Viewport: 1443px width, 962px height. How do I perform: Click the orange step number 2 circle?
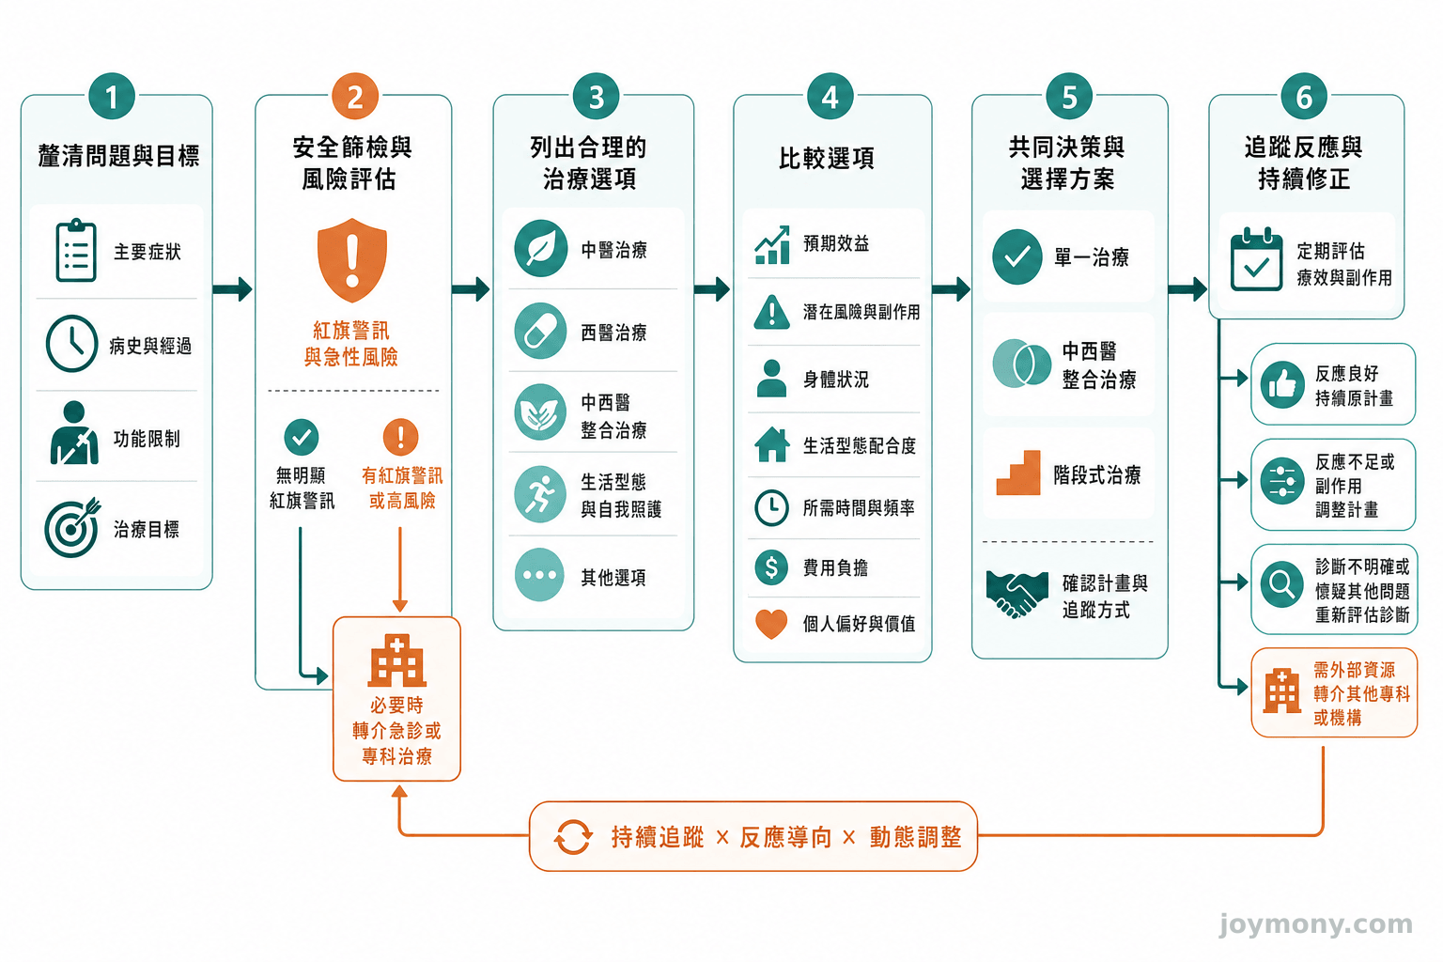[x=355, y=97]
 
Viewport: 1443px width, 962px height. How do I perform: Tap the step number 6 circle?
[x=1304, y=97]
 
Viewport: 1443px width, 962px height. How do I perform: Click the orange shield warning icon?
[x=351, y=260]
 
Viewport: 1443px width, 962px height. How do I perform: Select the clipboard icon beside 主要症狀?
[x=76, y=250]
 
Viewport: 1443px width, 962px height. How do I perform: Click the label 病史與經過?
[x=150, y=346]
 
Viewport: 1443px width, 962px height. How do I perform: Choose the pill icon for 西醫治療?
[x=540, y=332]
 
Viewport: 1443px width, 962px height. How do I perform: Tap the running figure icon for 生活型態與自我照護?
[x=540, y=494]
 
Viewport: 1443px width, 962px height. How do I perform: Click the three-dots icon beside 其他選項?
[x=540, y=575]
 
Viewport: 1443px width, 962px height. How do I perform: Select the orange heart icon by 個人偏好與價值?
[x=771, y=624]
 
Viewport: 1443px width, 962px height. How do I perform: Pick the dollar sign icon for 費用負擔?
[x=771, y=567]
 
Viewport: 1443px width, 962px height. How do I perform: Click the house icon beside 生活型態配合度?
[x=771, y=444]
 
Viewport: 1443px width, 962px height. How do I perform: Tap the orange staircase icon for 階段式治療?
[x=1017, y=473]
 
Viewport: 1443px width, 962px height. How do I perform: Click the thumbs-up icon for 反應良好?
[x=1282, y=384]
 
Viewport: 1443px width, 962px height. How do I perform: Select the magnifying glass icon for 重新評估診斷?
[x=1282, y=585]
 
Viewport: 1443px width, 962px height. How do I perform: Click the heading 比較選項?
[x=827, y=158]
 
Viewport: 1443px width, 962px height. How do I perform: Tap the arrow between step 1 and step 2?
[x=233, y=288]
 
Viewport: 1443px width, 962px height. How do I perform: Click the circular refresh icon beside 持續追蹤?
[x=573, y=837]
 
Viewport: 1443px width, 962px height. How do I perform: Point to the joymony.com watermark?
[x=1316, y=924]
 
